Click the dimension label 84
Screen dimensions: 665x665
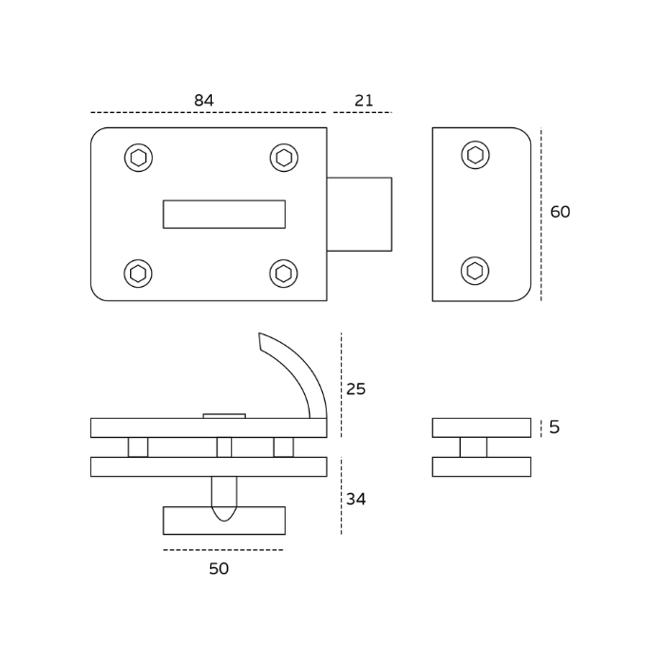(x=203, y=101)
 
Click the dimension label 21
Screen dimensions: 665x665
(x=364, y=101)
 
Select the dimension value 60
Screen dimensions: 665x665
(x=560, y=212)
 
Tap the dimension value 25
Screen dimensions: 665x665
(x=356, y=389)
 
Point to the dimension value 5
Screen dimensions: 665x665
(x=555, y=427)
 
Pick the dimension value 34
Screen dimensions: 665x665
(x=356, y=500)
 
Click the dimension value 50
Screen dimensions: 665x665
(x=219, y=569)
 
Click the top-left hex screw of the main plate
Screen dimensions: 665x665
(x=139, y=158)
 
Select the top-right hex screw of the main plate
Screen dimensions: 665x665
(x=284, y=158)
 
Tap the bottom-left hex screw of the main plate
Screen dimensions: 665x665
(x=138, y=274)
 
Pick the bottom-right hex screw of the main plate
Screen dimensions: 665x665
(x=283, y=274)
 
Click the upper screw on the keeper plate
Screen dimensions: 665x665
(x=475, y=155)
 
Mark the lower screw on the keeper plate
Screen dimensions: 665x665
(x=475, y=271)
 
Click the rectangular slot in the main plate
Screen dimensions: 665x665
(x=224, y=214)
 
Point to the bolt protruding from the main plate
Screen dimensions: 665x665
(x=359, y=214)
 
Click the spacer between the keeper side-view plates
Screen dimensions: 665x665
(x=473, y=447)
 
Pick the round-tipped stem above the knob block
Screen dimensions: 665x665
(x=224, y=494)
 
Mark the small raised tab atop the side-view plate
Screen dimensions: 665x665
(x=224, y=415)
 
